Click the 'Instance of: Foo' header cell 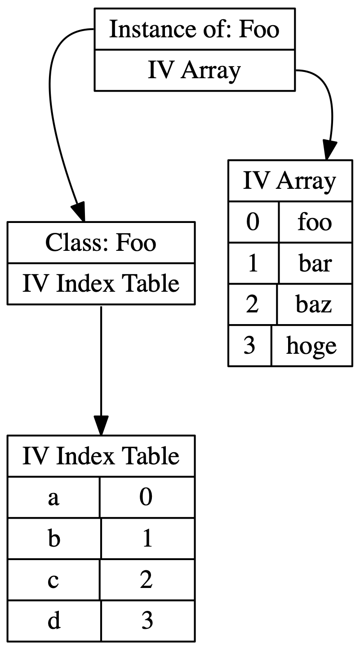pyautogui.click(x=194, y=29)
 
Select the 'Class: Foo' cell pyautogui.click(x=101, y=242)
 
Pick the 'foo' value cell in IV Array pyautogui.click(x=315, y=222)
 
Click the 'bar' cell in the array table pyautogui.click(x=315, y=263)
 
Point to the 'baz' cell pyautogui.click(x=314, y=304)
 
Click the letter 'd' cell pyautogui.click(x=54, y=621)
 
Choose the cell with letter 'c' pyautogui.click(x=53, y=580)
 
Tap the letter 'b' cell pyautogui.click(x=54, y=539)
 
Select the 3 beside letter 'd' pyautogui.click(x=147, y=621)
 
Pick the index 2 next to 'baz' pyautogui.click(x=253, y=304)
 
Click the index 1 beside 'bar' pyautogui.click(x=253, y=263)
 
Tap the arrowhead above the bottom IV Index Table pyautogui.click(x=101, y=425)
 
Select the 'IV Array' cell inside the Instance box pyautogui.click(x=194, y=71)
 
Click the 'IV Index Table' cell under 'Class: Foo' pyautogui.click(x=101, y=284)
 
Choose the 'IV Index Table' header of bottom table pyautogui.click(x=101, y=456)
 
